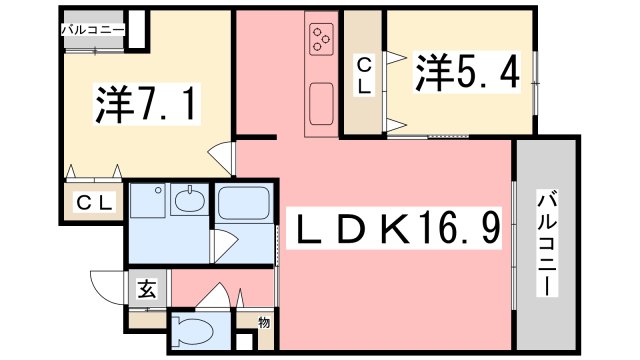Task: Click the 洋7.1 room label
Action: click(x=147, y=104)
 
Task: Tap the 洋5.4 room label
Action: click(x=467, y=73)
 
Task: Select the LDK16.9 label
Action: click(x=394, y=227)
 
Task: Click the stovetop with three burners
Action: click(x=321, y=39)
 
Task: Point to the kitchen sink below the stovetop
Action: click(x=321, y=104)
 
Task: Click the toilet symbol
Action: click(x=193, y=331)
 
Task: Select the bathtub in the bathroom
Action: click(x=244, y=203)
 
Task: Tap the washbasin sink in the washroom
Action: click(x=189, y=199)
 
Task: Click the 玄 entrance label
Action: click(x=147, y=289)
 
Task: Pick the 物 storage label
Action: click(x=264, y=323)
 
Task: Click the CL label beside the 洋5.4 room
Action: click(x=364, y=76)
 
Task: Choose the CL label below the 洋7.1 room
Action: click(x=94, y=202)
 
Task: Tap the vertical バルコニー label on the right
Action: click(x=547, y=244)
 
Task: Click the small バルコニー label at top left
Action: click(x=93, y=30)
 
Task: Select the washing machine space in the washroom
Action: click(x=147, y=200)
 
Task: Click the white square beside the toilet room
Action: click(x=244, y=342)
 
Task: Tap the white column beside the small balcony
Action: click(x=138, y=29)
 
